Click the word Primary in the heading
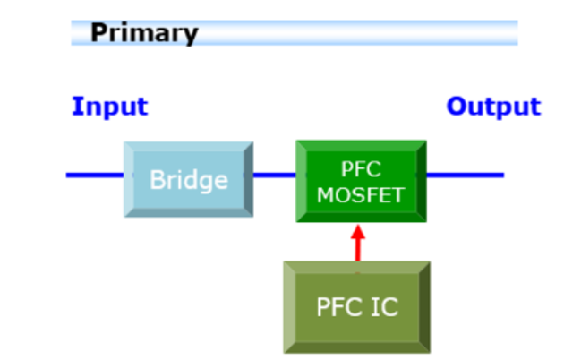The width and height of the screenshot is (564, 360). [x=143, y=34]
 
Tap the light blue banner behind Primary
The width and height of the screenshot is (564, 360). [x=358, y=33]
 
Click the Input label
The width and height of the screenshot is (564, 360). [x=109, y=107]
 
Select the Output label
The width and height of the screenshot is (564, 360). [x=493, y=107]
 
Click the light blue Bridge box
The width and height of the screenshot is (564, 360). [x=188, y=179]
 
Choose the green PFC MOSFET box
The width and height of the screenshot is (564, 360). [x=361, y=180]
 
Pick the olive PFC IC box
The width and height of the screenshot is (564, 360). [x=356, y=307]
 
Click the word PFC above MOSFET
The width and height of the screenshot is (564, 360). [x=361, y=168]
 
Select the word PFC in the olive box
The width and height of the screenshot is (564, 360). [x=339, y=307]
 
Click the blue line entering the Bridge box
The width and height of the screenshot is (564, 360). [x=94, y=175]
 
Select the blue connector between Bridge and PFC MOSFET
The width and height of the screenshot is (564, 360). [x=274, y=175]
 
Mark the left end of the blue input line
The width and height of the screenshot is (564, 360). [x=68, y=175]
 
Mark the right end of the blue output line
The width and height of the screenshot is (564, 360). [x=502, y=175]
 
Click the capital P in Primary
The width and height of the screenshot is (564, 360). [x=98, y=34]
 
